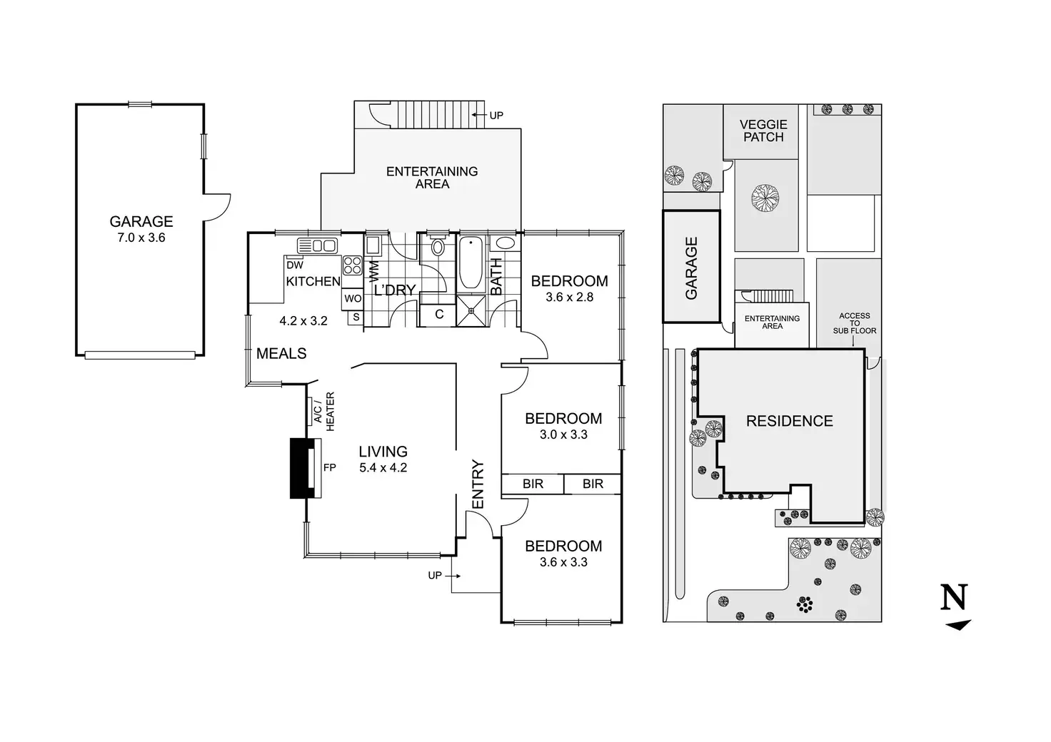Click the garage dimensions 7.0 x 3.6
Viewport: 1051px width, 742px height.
[x=141, y=238]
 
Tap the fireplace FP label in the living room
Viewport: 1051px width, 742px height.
[x=329, y=468]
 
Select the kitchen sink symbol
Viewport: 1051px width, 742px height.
[x=317, y=245]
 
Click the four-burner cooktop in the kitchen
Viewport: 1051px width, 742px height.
[x=352, y=265]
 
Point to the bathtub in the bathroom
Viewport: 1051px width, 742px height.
[x=470, y=263]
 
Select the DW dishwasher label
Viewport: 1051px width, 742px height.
[x=295, y=265]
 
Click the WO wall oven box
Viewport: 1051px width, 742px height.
[x=353, y=299]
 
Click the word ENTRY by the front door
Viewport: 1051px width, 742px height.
[x=478, y=484]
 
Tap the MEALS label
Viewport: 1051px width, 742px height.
[x=281, y=353]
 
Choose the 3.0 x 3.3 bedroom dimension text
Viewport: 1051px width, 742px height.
[x=563, y=434]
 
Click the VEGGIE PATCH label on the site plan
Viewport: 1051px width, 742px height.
[x=763, y=131]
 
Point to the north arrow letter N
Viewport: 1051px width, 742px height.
[x=954, y=597]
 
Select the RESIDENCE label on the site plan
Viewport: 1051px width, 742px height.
[x=789, y=421]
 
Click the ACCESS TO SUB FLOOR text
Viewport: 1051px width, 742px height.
[x=854, y=323]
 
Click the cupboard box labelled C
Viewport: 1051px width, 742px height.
[x=439, y=314]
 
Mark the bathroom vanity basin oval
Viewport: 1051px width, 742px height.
[x=506, y=243]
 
